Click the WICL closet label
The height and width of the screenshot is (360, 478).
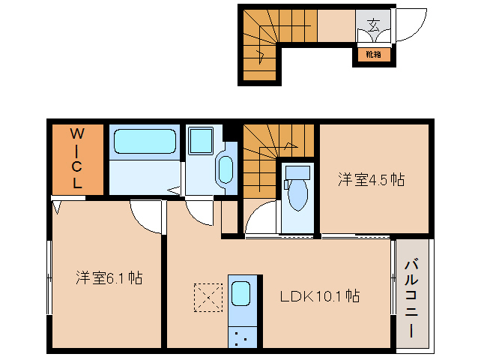pyautogui.click(x=77, y=158)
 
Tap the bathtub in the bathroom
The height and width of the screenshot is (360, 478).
pyautogui.click(x=145, y=141)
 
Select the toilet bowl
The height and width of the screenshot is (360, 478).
pyautogui.click(x=297, y=194)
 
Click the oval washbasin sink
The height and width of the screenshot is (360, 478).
pyautogui.click(x=226, y=170)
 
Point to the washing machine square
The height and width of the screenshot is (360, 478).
pyautogui.click(x=200, y=141)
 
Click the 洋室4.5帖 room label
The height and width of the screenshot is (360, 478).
pyautogui.click(x=371, y=179)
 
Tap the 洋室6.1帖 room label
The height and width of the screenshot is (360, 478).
pyautogui.click(x=109, y=278)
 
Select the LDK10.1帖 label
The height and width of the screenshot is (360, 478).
pyautogui.click(x=319, y=295)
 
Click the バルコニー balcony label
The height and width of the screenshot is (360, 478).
pyautogui.click(x=411, y=298)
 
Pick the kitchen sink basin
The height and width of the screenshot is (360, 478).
pyautogui.click(x=240, y=293)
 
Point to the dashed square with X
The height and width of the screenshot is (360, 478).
pyautogui.click(x=208, y=298)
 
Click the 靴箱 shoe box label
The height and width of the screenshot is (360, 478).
pyautogui.click(x=373, y=55)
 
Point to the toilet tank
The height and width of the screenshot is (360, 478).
pyautogui.click(x=297, y=172)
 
